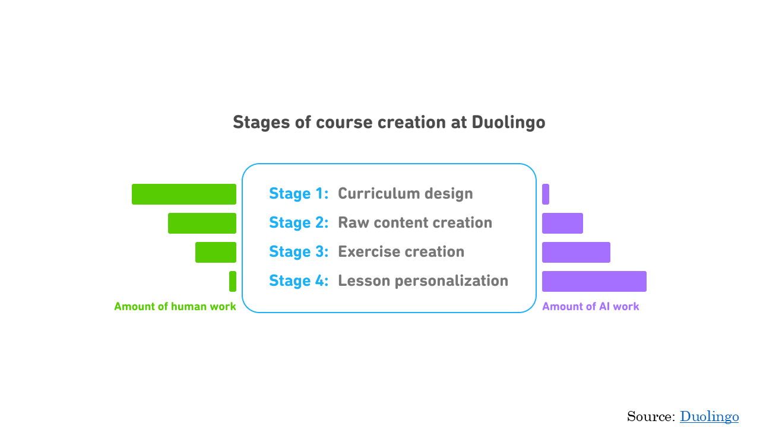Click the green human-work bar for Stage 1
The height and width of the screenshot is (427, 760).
click(x=184, y=194)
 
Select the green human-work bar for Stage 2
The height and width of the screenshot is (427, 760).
click(x=202, y=224)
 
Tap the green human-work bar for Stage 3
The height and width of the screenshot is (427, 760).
click(x=216, y=252)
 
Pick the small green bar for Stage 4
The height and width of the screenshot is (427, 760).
click(x=233, y=281)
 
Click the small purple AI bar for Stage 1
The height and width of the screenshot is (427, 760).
click(x=546, y=194)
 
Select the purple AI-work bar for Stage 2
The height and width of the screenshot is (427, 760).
click(x=562, y=224)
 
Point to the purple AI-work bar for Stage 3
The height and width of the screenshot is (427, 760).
click(x=576, y=252)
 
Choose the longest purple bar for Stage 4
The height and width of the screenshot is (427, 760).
click(x=594, y=281)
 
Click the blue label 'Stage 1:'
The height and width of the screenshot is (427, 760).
click(x=299, y=194)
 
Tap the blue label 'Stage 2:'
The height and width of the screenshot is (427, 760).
click(x=299, y=222)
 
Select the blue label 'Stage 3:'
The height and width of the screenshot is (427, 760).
click(x=299, y=252)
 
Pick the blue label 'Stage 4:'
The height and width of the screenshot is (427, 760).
click(x=299, y=281)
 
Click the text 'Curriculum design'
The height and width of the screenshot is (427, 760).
click(x=406, y=193)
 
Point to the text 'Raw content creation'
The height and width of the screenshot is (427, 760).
click(x=415, y=222)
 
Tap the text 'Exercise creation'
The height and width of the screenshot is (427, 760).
click(x=401, y=252)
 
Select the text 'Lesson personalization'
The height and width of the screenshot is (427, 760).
click(x=423, y=281)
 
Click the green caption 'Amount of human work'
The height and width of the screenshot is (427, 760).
click(x=175, y=307)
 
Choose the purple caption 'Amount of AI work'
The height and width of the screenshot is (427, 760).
click(x=590, y=307)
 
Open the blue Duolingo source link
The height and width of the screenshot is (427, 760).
click(x=709, y=416)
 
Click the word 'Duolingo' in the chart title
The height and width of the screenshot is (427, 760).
click(x=508, y=122)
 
